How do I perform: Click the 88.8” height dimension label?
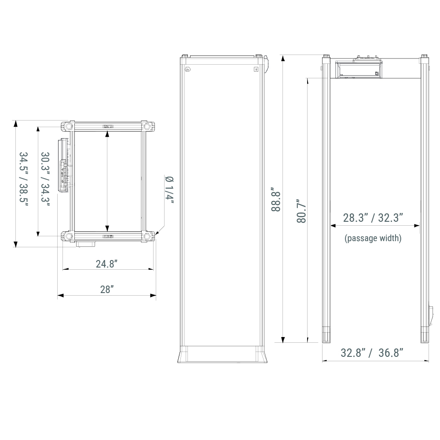[276, 201]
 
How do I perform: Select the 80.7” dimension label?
[301, 211]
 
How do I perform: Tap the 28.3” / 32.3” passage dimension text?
[373, 218]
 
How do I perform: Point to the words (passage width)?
[373, 238]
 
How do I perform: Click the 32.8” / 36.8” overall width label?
[372, 353]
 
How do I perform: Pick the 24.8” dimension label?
[106, 264]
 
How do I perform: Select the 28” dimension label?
[107, 290]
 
